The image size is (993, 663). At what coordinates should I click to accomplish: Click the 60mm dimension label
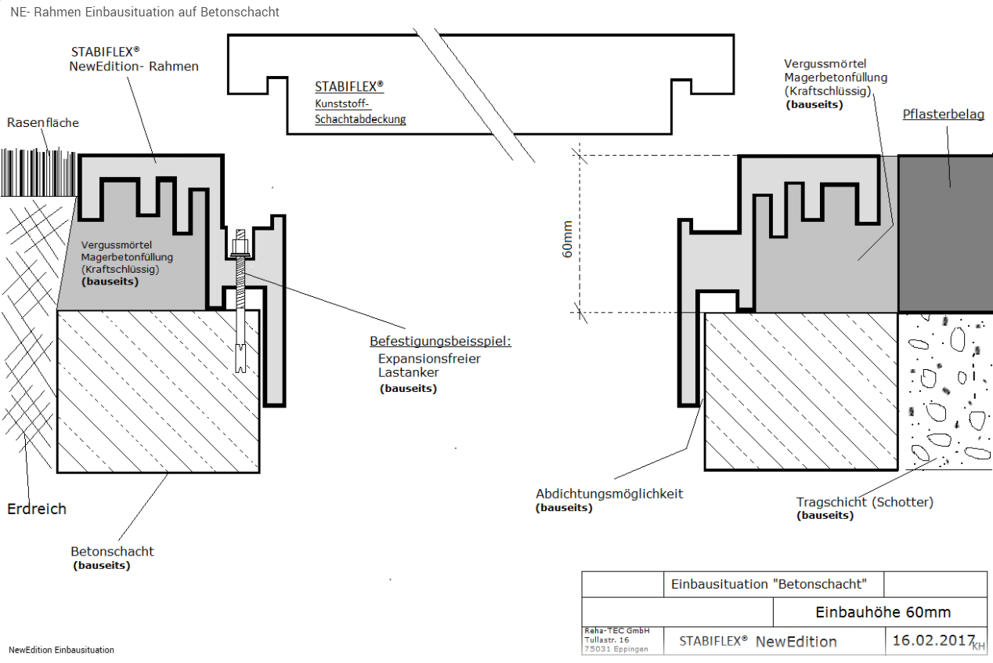pos(567,239)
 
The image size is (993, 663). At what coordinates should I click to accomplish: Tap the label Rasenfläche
pos(43,123)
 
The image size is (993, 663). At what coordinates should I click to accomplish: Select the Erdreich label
pos(37,509)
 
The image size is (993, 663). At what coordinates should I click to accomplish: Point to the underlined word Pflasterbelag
pos(944,114)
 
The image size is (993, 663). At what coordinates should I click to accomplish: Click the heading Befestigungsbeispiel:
pos(441,341)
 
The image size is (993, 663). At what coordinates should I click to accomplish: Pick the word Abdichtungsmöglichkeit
pos(609,494)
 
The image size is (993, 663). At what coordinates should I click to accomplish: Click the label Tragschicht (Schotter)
pos(865,502)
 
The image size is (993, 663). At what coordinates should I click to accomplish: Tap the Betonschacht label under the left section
pos(112,551)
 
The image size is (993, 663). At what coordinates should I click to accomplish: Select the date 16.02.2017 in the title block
pos(933,640)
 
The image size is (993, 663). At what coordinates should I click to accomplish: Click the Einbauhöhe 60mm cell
pos(883,612)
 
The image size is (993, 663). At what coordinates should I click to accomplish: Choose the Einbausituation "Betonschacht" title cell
pos(769,584)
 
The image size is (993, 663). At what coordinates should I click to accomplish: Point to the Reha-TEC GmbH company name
pos(616,631)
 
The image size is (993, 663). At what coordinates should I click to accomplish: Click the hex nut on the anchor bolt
pos(240,247)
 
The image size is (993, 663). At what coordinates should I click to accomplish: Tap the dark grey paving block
pos(945,234)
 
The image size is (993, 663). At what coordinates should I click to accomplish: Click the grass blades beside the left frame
pos(39,173)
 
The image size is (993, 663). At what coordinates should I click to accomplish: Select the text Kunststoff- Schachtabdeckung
pos(360,111)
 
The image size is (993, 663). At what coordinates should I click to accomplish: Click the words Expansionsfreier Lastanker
pos(429,365)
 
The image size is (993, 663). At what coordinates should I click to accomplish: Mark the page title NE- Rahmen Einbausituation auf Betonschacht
pos(145,12)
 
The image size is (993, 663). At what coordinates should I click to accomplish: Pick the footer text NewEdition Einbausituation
pos(61,650)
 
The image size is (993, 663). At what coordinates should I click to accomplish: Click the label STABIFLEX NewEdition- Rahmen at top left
pos(133,59)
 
